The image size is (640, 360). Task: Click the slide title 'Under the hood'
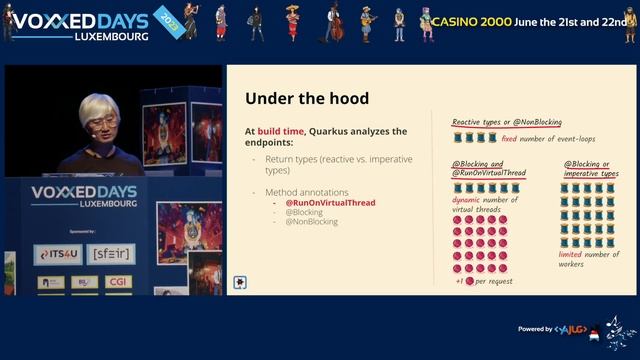[307, 99]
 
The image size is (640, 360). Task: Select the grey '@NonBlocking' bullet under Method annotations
[312, 222]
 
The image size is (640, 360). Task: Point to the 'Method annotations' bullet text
[306, 191]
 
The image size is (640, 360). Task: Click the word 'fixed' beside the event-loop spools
[510, 139]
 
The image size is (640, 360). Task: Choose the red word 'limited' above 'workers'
[570, 254]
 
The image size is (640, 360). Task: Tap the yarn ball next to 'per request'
[470, 281]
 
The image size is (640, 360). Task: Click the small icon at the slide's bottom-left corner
[240, 283]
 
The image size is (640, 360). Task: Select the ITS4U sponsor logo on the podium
[56, 255]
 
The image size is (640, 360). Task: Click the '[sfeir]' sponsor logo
[111, 255]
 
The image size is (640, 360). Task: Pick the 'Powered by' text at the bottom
[536, 329]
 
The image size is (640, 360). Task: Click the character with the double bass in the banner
[336, 21]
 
